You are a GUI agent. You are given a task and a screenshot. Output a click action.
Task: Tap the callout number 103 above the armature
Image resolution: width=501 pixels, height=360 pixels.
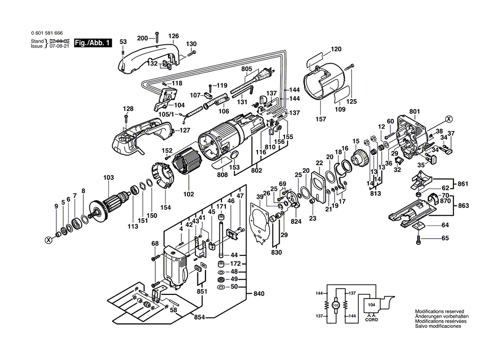tap(108, 177)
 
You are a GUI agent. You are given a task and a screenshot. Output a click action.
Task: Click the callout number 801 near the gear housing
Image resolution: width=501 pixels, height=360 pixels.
tap(414, 112)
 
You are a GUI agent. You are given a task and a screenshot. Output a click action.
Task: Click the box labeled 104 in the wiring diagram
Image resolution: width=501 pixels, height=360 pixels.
tap(371, 304)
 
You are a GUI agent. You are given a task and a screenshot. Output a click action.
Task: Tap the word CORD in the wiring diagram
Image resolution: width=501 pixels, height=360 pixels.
tap(371, 319)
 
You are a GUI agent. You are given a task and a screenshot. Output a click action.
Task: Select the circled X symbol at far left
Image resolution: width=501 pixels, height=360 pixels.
tap(49, 239)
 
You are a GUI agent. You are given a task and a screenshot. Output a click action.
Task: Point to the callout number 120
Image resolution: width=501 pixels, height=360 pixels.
tap(335, 49)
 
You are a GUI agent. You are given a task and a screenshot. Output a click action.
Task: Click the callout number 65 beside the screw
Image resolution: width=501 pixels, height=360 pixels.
tap(445, 239)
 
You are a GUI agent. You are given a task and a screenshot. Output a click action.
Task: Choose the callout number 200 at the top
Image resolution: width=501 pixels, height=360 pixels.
tap(142, 38)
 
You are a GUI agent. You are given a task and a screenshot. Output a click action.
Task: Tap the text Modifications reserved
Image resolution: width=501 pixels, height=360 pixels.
tap(439, 311)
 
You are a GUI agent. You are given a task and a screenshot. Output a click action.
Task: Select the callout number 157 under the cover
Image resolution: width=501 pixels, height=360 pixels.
tap(321, 119)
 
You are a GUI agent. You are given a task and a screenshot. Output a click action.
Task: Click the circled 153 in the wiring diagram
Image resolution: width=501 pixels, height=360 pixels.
tap(336, 305)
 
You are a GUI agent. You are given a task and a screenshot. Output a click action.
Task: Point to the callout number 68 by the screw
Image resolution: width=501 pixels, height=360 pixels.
tap(155, 244)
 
